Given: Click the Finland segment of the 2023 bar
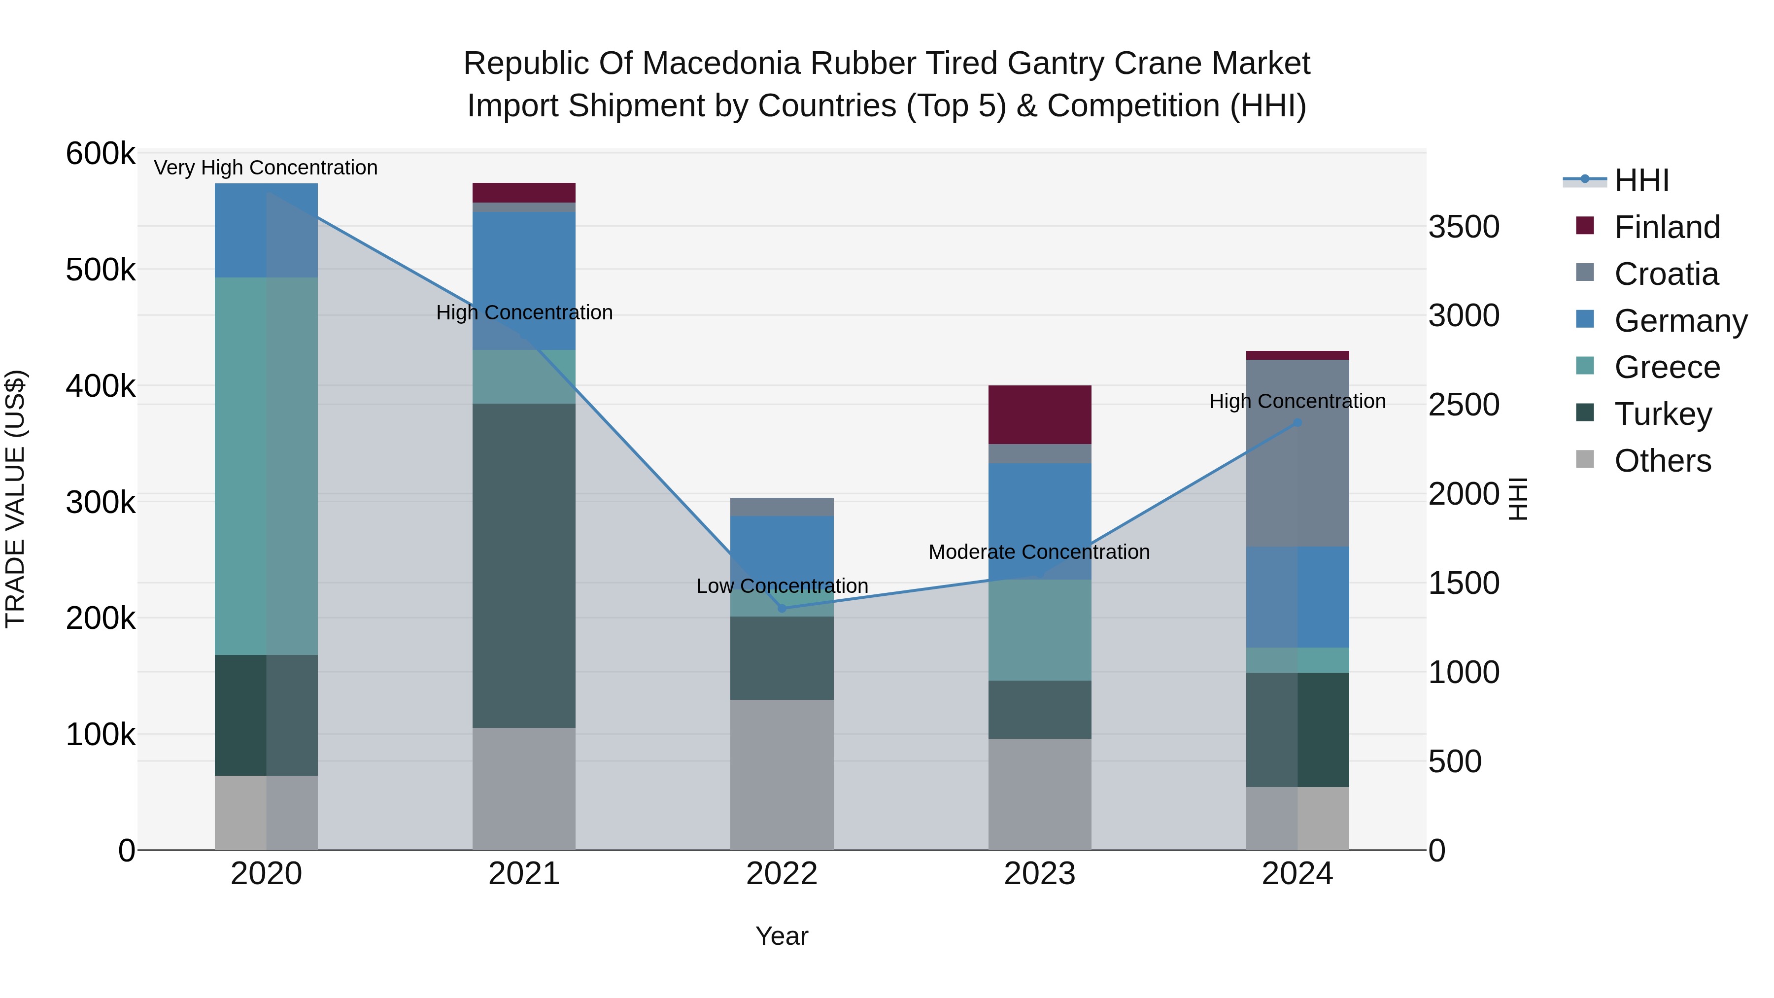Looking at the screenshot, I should [x=1040, y=414].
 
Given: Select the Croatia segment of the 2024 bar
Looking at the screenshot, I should [x=1297, y=453].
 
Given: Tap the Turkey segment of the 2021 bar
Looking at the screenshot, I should [x=524, y=565].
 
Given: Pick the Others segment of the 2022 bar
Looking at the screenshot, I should [x=782, y=775].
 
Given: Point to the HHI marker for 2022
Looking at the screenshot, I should [x=782, y=608].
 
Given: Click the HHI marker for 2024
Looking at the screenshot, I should [x=1297, y=423].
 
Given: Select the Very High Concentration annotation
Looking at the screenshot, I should [x=266, y=168].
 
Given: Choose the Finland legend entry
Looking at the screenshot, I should [x=1667, y=227].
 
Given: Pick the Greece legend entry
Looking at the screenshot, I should [x=1667, y=367].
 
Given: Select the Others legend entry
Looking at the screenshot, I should [x=1663, y=461].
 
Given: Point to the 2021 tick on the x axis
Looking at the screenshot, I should [x=524, y=874].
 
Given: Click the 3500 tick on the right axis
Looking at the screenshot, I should [x=1464, y=227].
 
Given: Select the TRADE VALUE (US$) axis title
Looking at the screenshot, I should [x=15, y=499].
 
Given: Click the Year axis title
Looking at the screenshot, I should [x=782, y=936].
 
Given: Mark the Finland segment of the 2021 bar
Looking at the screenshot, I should [x=524, y=192].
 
